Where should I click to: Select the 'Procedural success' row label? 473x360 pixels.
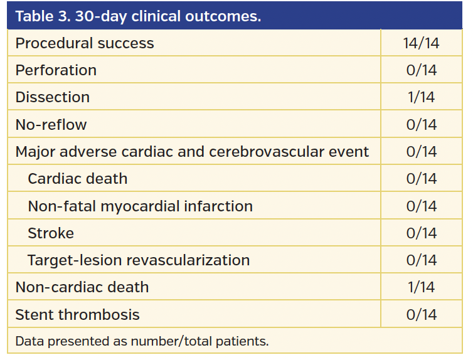(85, 43)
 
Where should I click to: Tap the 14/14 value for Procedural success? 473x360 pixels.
(421, 43)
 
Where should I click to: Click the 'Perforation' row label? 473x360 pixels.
(56, 70)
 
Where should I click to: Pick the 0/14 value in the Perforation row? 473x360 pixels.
(421, 70)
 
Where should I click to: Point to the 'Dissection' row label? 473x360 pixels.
(53, 97)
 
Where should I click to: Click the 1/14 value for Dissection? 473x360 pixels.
(421, 97)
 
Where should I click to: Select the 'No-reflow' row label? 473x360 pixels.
(51, 125)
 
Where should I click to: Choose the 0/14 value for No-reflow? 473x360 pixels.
(421, 125)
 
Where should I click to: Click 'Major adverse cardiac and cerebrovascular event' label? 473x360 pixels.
(192, 152)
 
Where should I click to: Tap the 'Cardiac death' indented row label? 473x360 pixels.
(78, 179)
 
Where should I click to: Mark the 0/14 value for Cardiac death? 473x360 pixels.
(421, 179)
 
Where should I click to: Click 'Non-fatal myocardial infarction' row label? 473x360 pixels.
(141, 206)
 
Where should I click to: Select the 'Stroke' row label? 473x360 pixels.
(51, 233)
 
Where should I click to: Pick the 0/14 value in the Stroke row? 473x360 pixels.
(421, 233)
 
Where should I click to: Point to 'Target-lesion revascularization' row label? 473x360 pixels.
(139, 260)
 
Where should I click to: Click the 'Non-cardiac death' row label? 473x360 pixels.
(82, 287)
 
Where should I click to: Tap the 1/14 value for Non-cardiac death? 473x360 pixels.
(421, 287)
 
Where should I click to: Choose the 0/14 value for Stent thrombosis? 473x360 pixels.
(421, 315)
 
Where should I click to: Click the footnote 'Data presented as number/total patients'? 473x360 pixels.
(142, 342)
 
